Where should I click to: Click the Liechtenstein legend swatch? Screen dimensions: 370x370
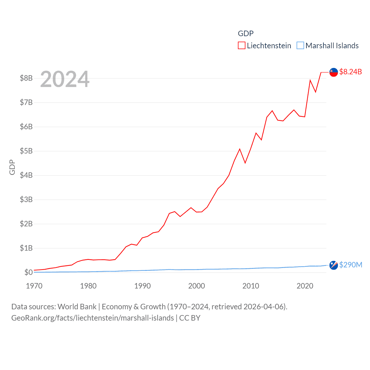point(242,46)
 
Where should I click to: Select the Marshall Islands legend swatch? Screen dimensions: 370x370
point(300,46)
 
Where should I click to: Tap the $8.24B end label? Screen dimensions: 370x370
point(350,72)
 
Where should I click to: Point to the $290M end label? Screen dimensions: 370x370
point(351,265)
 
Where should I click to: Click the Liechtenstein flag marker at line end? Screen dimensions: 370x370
point(334,72)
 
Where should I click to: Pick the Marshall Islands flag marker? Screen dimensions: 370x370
point(334,265)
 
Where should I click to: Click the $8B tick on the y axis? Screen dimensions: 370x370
point(26,78)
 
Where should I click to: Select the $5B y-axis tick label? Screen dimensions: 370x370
point(26,151)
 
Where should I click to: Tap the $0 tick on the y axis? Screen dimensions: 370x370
point(28,272)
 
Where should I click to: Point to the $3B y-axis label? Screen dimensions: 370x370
point(26,199)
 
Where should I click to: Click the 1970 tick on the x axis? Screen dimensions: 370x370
point(34,286)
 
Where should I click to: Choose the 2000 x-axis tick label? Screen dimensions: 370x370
point(197,286)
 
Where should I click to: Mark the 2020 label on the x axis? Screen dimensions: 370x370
point(305,286)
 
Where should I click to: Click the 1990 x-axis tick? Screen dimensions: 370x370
point(143,286)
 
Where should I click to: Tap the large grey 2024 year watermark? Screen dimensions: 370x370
point(65,79)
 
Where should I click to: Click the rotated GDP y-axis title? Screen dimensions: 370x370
point(12,167)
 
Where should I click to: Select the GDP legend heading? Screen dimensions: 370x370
point(246,34)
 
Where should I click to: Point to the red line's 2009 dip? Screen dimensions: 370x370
point(245,163)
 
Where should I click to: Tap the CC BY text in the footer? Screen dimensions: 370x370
point(190,318)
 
